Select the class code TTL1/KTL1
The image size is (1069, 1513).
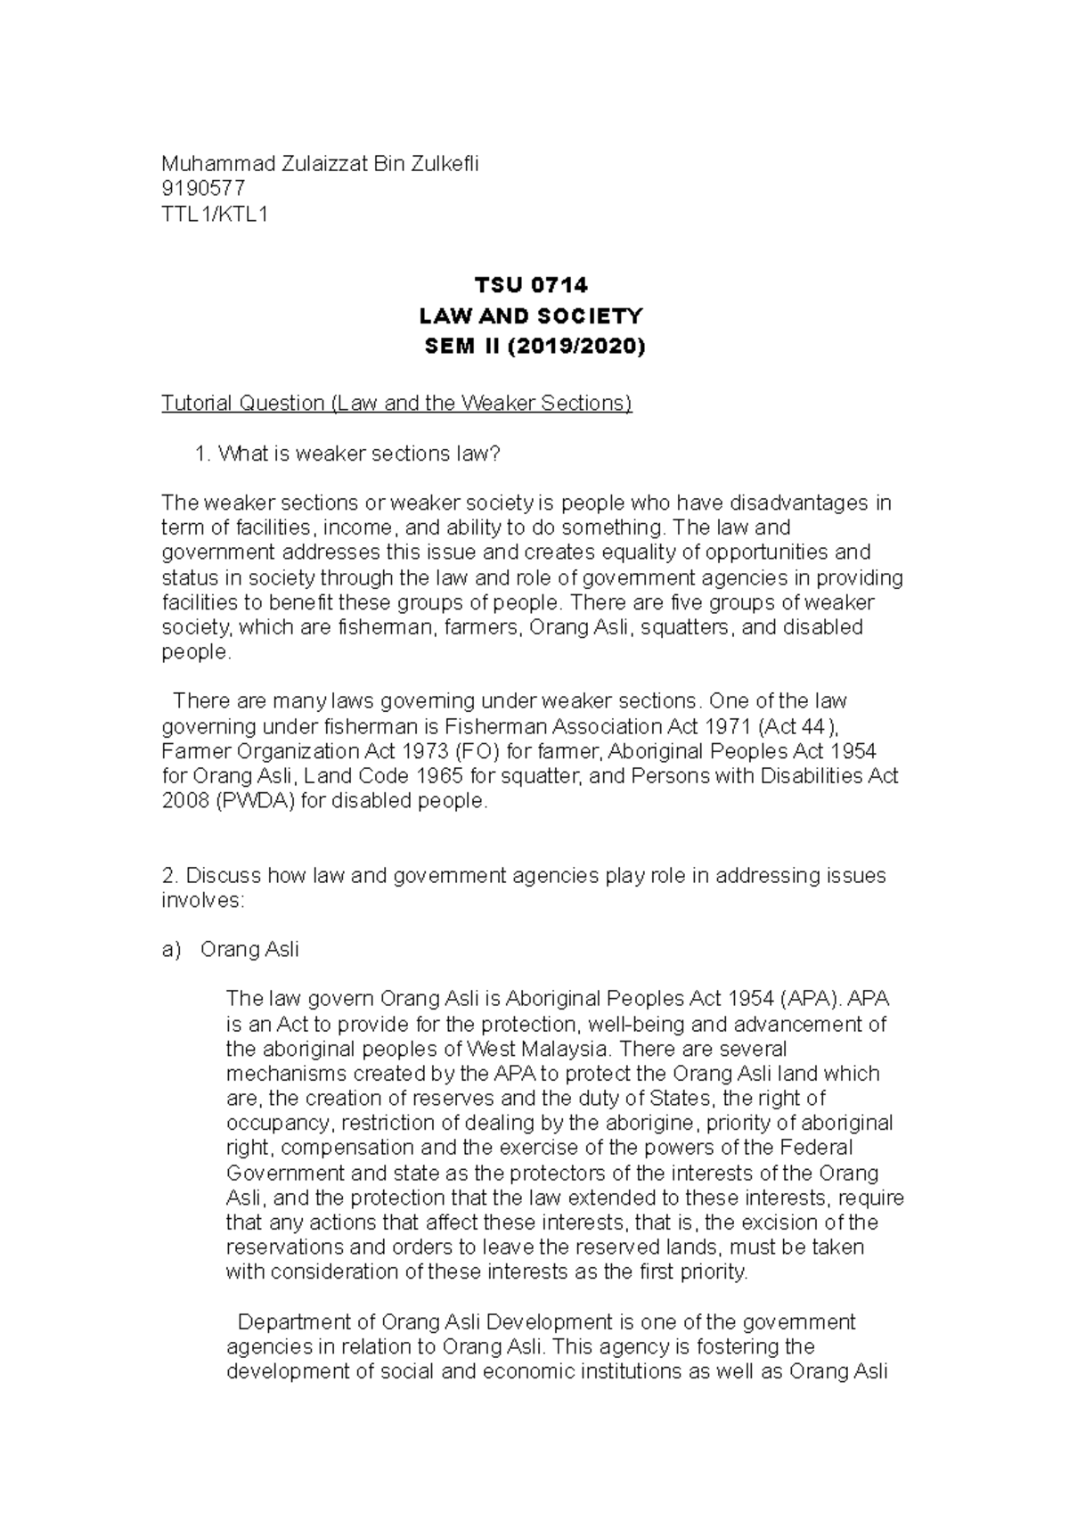point(214,214)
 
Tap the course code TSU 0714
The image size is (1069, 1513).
point(531,286)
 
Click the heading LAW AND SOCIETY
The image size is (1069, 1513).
point(531,316)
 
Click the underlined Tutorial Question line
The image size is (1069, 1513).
point(396,404)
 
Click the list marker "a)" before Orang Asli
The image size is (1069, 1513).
point(171,950)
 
